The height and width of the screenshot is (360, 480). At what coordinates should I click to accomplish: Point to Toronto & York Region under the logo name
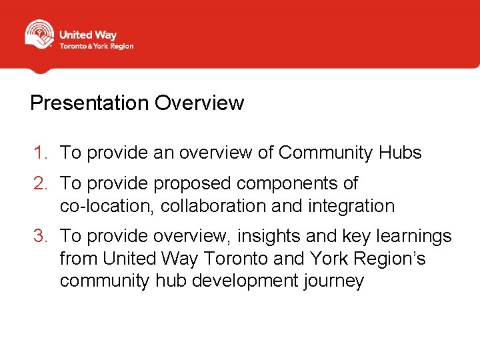tap(97, 47)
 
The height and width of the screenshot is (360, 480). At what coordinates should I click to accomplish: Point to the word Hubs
tap(400, 153)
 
